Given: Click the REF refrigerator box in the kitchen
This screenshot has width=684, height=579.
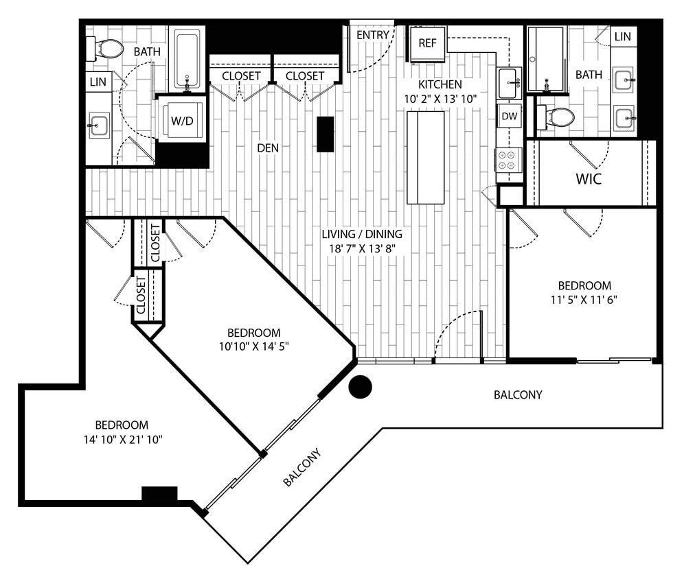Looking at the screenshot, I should coord(427,43).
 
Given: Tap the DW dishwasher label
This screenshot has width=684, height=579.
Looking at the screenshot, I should coord(509,117).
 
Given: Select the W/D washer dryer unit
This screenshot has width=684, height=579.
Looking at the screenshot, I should coord(182,121).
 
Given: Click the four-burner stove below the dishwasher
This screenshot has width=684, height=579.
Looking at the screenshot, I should coord(509,160).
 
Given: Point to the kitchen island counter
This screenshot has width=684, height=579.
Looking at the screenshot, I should coord(426,157).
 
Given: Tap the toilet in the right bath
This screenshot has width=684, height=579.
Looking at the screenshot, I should coord(558,117).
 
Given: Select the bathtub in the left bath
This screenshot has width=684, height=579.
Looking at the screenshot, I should coord(187,58).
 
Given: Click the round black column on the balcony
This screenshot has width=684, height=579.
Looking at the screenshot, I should coord(360,387).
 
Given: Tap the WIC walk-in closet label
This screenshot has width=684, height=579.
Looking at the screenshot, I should coord(589,180).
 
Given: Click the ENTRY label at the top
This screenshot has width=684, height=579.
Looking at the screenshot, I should coord(373,34).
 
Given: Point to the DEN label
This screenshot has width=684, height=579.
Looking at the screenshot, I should coord(268,147).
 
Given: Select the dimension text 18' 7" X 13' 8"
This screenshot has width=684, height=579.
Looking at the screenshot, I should coord(362,248).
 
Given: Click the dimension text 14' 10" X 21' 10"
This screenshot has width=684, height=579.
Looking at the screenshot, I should coord(122,439).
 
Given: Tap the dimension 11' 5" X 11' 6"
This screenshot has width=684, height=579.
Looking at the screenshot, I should coord(584,299).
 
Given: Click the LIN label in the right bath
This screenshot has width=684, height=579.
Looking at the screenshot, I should coord(622,36).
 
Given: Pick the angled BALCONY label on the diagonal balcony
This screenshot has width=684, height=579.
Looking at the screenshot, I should coord(302,468).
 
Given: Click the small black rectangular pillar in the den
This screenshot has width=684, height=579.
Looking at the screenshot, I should coord(326,134).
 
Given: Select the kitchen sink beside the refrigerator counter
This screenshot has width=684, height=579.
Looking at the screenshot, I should coord(509,83).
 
